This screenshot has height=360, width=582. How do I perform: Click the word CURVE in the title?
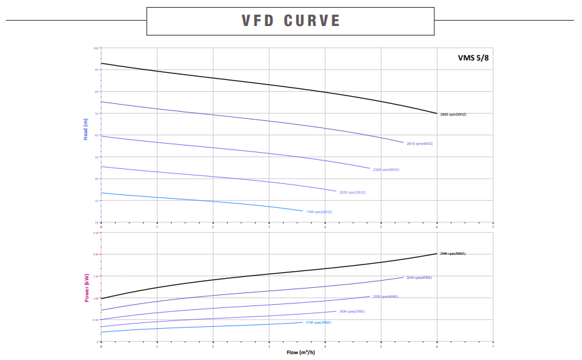tap(312, 21)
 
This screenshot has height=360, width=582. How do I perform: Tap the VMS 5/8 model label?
tap(473, 57)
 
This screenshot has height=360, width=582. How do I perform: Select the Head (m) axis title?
tap(85, 130)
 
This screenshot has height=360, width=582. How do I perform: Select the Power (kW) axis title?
tap(86, 288)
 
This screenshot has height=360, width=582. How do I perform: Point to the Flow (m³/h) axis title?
tap(302, 352)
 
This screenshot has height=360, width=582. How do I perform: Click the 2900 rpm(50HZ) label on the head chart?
tap(453, 114)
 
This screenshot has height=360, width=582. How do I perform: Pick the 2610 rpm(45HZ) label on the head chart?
tap(419, 144)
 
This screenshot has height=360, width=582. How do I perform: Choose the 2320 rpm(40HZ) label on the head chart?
tap(386, 170)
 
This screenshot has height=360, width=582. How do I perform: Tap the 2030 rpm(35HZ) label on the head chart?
tap(352, 192)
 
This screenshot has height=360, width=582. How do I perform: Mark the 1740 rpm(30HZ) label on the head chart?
tap(319, 212)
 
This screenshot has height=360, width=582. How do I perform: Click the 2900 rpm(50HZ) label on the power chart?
tap(453, 253)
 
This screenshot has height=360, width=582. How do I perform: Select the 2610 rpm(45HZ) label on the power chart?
tap(419, 277)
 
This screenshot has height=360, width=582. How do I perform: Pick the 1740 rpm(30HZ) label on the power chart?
tap(318, 322)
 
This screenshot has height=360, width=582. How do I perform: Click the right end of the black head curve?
tap(436, 114)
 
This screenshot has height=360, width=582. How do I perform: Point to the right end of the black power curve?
tap(436, 253)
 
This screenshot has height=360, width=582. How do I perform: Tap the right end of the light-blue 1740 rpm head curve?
tap(303, 211)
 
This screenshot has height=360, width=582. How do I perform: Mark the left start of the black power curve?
tap(101, 298)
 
